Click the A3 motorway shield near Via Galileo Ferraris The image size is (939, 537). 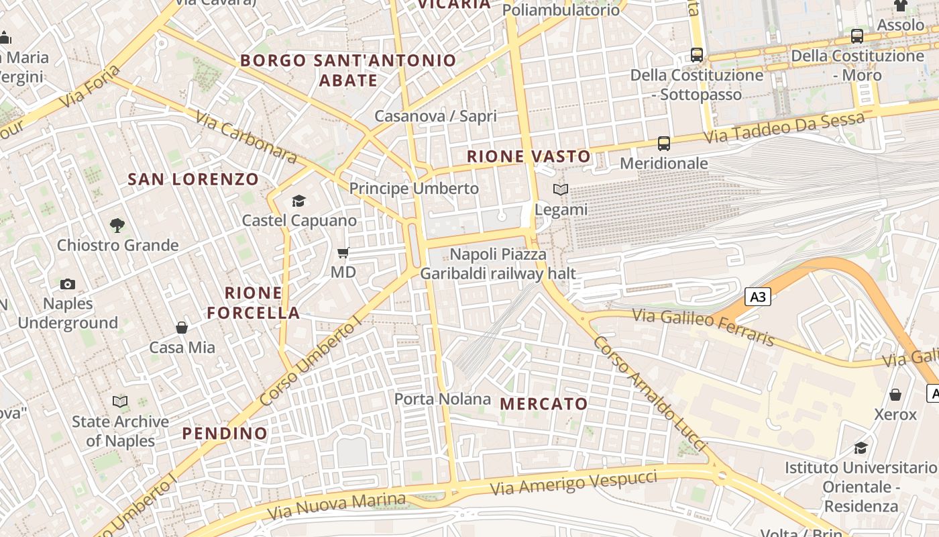tap(757, 297)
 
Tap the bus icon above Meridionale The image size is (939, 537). tap(663, 143)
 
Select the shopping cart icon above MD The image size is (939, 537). tap(343, 253)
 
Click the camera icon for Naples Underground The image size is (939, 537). tap(67, 284)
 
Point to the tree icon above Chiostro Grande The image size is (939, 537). tap(117, 225)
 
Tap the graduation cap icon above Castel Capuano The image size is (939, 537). tap(298, 201)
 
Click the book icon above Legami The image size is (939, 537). tap(561, 190)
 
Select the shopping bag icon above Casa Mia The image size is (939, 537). tap(182, 328)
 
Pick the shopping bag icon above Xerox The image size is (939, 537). tap(895, 395)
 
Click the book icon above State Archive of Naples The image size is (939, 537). tap(120, 401)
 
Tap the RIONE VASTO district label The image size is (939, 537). tap(529, 156)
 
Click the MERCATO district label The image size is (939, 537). tap(544, 404)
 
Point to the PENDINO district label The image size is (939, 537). tap(225, 434)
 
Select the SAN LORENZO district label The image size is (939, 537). tap(193, 179)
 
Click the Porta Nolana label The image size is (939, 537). tap(443, 399)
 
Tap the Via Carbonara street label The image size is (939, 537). tap(245, 137)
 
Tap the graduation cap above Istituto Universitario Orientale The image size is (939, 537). tap(861, 448)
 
